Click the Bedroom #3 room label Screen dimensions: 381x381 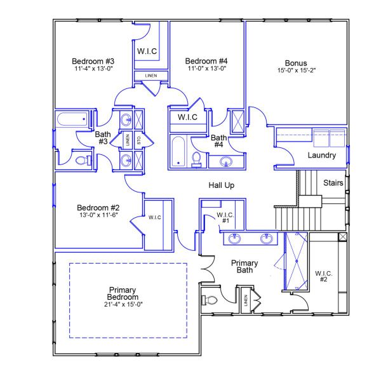click(93, 62)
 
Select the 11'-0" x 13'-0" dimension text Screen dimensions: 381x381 click(206, 69)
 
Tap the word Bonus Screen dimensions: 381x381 click(296, 63)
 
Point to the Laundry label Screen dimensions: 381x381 click(321, 156)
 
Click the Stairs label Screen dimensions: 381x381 click(333, 183)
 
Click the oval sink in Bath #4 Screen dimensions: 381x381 click(225, 162)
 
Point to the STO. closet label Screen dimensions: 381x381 click(138, 140)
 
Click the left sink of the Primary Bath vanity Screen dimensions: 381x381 click(235, 239)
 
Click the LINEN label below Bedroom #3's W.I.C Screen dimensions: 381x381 click(151, 76)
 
